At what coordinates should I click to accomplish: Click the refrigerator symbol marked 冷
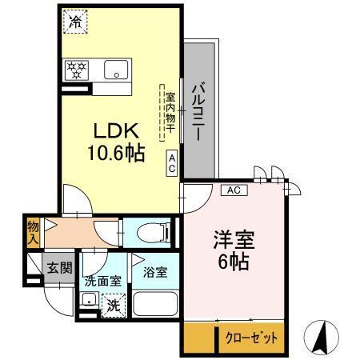74,21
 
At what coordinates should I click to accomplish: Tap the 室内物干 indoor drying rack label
169,112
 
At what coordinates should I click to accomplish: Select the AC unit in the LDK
172,163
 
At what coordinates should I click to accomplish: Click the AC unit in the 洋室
234,190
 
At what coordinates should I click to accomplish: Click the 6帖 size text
233,262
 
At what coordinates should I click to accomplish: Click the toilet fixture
152,233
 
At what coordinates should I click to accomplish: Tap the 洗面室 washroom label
102,281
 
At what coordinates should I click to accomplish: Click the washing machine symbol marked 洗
114,304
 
